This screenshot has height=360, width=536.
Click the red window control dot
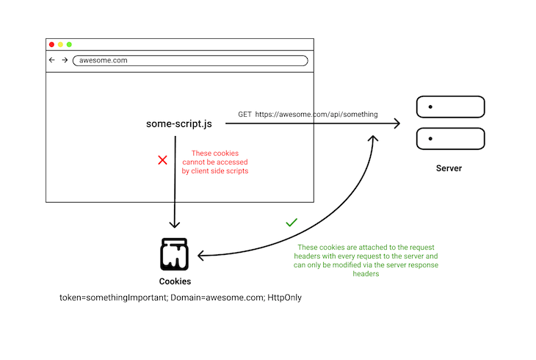pyautogui.click(x=51, y=45)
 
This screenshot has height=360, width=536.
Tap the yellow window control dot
pyautogui.click(x=60, y=45)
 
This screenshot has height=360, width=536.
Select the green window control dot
pyautogui.click(x=69, y=45)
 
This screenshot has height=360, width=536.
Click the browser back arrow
pyautogui.click(x=52, y=60)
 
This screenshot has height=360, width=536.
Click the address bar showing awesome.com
pyautogui.click(x=189, y=60)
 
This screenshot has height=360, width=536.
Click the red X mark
pyautogui.click(x=163, y=159)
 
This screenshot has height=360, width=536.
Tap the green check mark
pyautogui.click(x=291, y=221)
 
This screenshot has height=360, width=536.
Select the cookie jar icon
pyautogui.click(x=175, y=254)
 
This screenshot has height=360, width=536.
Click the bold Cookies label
pyautogui.click(x=175, y=281)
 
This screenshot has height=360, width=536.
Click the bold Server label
pyautogui.click(x=449, y=168)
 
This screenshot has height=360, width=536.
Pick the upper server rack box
pyautogui.click(x=450, y=107)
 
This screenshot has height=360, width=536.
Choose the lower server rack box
pyautogui.click(x=450, y=139)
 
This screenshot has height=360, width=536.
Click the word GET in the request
pyautogui.click(x=245, y=115)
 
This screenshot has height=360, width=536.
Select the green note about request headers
pyautogui.click(x=368, y=261)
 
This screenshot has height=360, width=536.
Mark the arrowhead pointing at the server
pyautogui.click(x=396, y=123)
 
